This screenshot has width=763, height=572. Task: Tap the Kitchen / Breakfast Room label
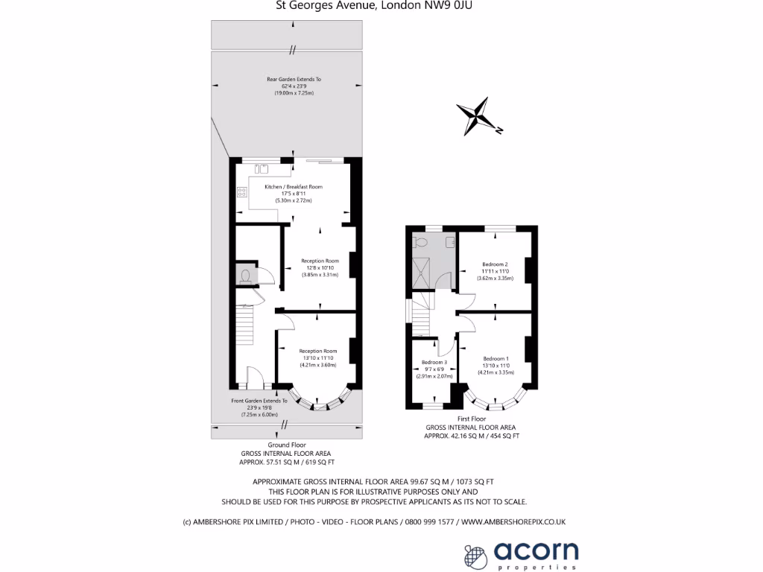(x=294, y=186)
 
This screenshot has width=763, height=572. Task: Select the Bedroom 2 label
(x=495, y=264)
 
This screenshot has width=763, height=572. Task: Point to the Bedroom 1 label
(x=495, y=357)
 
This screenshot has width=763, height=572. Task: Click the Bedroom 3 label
(x=434, y=362)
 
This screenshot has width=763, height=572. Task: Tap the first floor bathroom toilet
(x=421, y=242)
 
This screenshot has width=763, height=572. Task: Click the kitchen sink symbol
(x=262, y=168)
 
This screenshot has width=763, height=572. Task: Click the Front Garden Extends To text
(x=259, y=401)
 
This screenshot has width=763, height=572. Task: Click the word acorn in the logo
(x=536, y=552)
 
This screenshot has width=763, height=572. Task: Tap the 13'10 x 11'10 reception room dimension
(x=318, y=358)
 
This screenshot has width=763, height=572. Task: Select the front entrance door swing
(x=253, y=376)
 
